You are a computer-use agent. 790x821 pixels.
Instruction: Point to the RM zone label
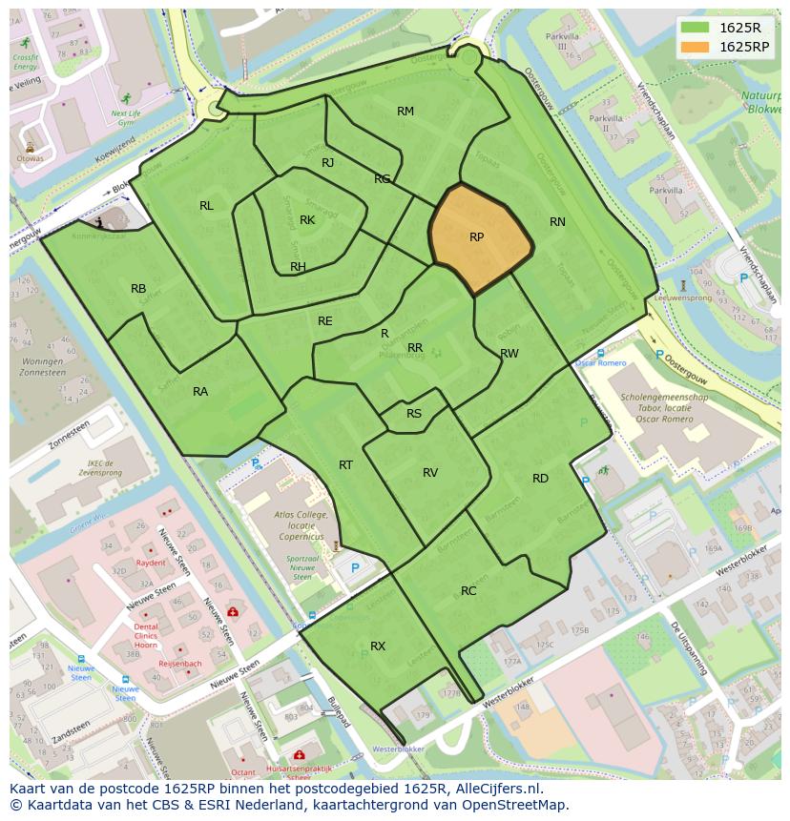click(x=405, y=112)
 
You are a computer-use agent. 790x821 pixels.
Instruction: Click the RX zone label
click(x=378, y=647)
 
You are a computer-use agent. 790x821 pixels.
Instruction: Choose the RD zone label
click(x=540, y=479)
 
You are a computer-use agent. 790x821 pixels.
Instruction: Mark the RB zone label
click(x=138, y=289)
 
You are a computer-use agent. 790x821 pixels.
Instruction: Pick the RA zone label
click(x=200, y=392)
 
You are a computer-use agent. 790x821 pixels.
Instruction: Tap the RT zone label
click(x=345, y=465)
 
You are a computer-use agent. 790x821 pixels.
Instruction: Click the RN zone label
click(x=557, y=222)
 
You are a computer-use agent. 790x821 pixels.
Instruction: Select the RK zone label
click(x=307, y=220)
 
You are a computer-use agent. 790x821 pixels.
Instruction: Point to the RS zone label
click(x=414, y=414)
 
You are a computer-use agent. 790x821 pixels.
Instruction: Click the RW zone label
click(x=509, y=354)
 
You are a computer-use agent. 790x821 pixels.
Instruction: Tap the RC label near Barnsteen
click(x=468, y=591)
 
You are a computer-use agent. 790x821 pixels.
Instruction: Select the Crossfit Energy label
click(x=26, y=62)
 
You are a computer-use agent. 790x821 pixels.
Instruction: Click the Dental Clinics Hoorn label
click(x=146, y=635)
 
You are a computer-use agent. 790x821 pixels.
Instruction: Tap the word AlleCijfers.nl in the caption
click(x=496, y=789)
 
